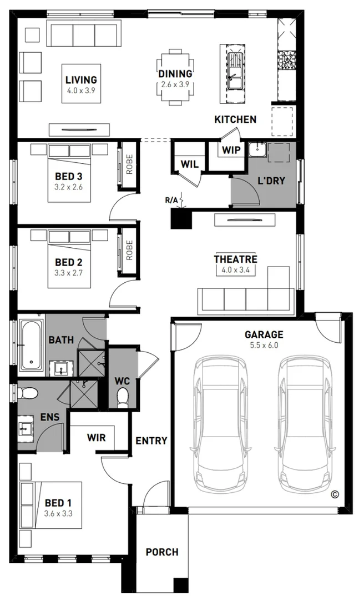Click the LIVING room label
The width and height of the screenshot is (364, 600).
[81, 80]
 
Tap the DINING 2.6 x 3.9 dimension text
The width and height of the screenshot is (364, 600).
[175, 84]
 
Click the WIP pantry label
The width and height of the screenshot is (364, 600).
[231, 149]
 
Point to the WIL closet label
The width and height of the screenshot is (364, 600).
[190, 164]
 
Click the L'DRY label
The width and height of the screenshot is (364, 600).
[271, 181]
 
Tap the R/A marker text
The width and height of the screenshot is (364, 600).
[171, 199]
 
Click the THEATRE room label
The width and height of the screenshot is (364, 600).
[235, 259]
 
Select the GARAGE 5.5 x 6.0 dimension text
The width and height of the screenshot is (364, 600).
[264, 346]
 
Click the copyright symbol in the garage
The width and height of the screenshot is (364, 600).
[335, 494]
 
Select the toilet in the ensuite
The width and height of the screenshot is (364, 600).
[28, 393]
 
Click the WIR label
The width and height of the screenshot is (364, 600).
[96, 437]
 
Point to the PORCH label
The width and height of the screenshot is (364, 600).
[162, 552]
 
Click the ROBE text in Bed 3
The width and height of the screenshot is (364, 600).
[129, 164]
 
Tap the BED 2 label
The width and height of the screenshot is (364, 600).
[69, 262]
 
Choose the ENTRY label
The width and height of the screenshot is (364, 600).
[151, 441]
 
